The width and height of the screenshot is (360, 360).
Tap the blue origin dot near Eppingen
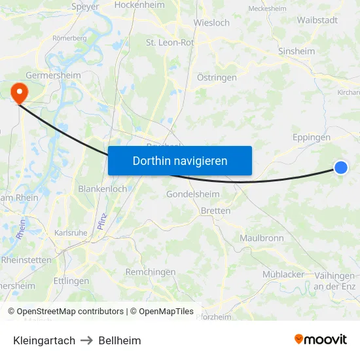[x=340, y=168]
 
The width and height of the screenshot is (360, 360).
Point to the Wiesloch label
[x=211, y=22]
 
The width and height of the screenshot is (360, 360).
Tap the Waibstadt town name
[x=317, y=20]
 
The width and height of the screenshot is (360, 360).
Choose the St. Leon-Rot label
[x=170, y=43]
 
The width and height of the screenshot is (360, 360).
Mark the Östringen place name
[x=217, y=77]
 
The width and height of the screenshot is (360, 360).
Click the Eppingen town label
[x=311, y=137]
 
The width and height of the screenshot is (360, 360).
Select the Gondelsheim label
[x=192, y=194]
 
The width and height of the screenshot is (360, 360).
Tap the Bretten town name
[x=215, y=211]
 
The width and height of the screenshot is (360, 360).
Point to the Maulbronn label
[x=262, y=238]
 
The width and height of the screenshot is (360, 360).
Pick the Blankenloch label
[x=103, y=189]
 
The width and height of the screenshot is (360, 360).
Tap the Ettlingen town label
[x=71, y=281]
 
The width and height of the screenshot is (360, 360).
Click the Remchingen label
[x=150, y=272]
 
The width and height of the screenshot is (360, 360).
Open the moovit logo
[x=320, y=339]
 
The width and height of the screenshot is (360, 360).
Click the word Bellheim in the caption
[x=120, y=340]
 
